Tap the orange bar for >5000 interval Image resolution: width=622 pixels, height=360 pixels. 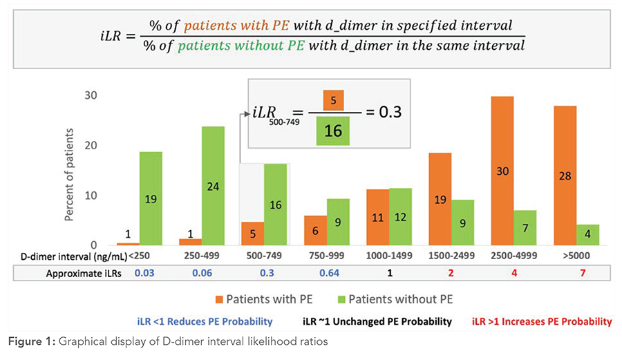click(565, 176)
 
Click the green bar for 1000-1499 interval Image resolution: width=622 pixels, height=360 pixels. click(401, 216)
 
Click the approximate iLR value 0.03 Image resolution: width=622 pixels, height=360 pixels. click(144, 272)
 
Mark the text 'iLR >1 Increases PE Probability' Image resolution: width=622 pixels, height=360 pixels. click(542, 321)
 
